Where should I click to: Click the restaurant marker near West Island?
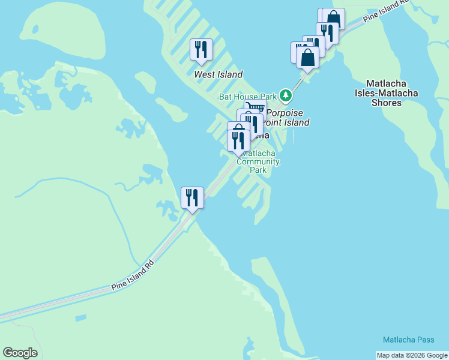pyautogui.click(x=201, y=50)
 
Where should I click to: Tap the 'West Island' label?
pyautogui.click(x=218, y=74)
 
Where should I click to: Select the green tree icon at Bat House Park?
pyautogui.click(x=286, y=95)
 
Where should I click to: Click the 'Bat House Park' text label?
pyautogui.click(x=248, y=96)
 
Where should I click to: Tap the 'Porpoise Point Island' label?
pyautogui.click(x=287, y=118)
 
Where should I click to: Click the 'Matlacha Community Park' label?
pyautogui.click(x=259, y=161)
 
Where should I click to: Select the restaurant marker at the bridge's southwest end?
pyautogui.click(x=193, y=197)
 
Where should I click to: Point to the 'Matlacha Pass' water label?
pyautogui.click(x=409, y=340)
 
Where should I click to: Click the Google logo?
pyautogui.click(x=20, y=353)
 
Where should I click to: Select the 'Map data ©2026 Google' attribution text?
pyautogui.click(x=412, y=355)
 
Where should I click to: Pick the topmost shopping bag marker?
pyautogui.click(x=334, y=18)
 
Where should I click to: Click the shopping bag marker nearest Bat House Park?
pyautogui.click(x=308, y=58)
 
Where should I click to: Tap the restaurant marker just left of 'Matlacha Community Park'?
pyautogui.click(x=238, y=140)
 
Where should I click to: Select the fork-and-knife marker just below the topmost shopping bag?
pyautogui.click(x=327, y=32)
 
